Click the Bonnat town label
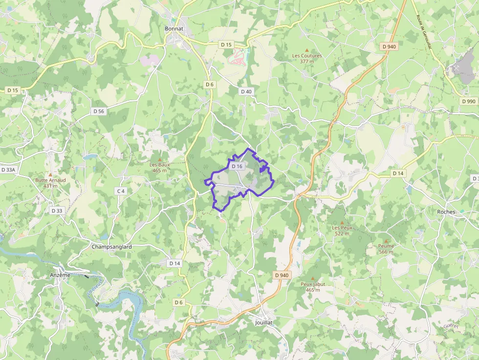pyautogui.click(x=174, y=29)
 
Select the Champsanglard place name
pyautogui.click(x=111, y=247)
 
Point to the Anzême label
pyautogui.click(x=60, y=275)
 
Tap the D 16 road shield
pyautogui.click(x=237, y=166)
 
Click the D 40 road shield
pyautogui.click(x=246, y=91)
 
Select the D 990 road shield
pyautogui.click(x=468, y=101)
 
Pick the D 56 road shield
pyautogui.click(x=99, y=111)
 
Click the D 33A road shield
pyautogui.click(x=8, y=169)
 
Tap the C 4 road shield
pyautogui.click(x=121, y=191)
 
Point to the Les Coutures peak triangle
pyautogui.click(x=307, y=50)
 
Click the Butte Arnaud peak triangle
pyautogui.click(x=50, y=174)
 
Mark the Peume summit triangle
pyautogui.click(x=386, y=241)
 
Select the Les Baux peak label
pyautogui.click(x=160, y=167)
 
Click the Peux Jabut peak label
pyautogui.click(x=313, y=286)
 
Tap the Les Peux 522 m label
pyautogui.click(x=342, y=230)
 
